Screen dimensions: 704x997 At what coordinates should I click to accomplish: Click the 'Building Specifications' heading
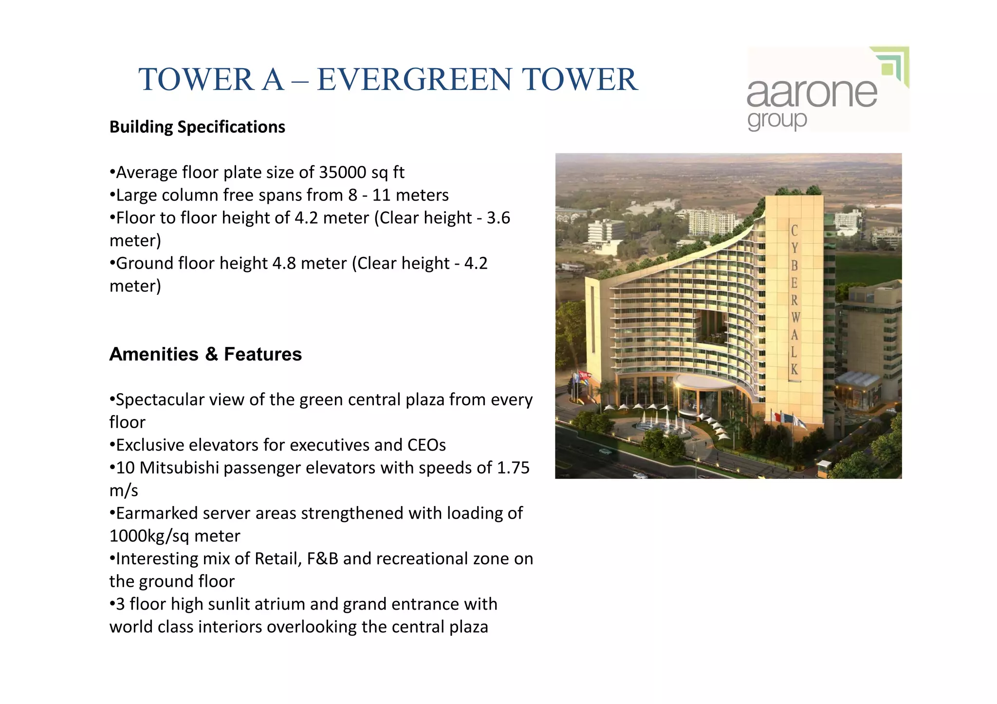click(197, 127)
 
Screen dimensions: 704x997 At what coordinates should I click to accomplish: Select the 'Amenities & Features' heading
click(205, 354)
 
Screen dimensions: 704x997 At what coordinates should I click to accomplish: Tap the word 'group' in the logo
click(777, 120)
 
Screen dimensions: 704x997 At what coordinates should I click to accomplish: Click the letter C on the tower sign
click(794, 230)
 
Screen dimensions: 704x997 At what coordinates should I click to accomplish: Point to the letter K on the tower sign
click(794, 370)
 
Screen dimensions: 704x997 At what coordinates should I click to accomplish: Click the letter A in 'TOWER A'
click(272, 79)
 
